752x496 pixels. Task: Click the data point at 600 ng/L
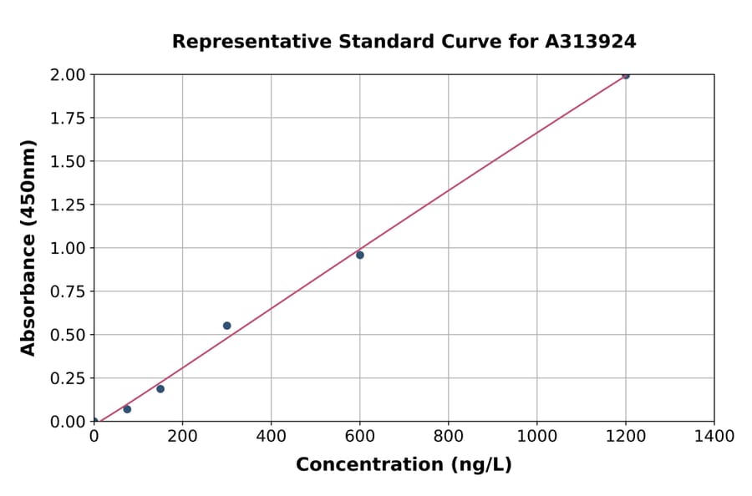tap(359, 255)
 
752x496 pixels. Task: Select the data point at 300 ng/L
tap(226, 326)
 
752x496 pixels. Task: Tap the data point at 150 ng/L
tap(160, 388)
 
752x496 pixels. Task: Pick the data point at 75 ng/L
tap(127, 409)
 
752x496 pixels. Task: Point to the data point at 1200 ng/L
tap(625, 75)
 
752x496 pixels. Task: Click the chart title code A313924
tap(591, 42)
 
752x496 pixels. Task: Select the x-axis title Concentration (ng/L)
tap(404, 465)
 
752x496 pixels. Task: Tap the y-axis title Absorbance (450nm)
tap(28, 248)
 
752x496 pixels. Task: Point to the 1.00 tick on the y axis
tap(67, 248)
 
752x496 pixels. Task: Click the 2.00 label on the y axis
tap(67, 74)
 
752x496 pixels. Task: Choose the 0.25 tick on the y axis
tap(67, 378)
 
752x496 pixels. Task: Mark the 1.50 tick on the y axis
tap(67, 161)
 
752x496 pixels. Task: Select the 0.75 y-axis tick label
tap(67, 291)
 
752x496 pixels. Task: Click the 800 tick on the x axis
tap(448, 436)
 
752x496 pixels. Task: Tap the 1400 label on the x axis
tap(714, 436)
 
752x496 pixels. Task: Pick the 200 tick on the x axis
tap(182, 436)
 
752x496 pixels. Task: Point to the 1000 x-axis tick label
tap(536, 436)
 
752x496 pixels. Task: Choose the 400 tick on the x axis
tap(271, 436)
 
